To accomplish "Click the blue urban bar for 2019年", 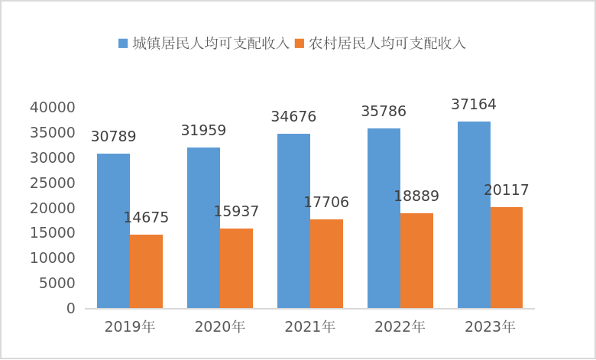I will point(113,231).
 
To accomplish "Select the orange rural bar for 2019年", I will point(146,271).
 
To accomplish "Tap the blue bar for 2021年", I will point(293,221).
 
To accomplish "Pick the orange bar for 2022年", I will point(416,261).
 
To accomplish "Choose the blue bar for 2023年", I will point(474,215).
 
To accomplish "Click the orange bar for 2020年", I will point(236,268).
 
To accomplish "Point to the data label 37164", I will point(474,105).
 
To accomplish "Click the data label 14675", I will point(146,218).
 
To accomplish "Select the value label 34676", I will point(293,117).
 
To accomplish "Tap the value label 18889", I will point(416,196).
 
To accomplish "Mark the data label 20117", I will point(507,190).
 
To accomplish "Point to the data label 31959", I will point(203,131).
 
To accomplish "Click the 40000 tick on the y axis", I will point(53,108).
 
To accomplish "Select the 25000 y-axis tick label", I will point(53,183).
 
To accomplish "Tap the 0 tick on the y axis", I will point(70,308).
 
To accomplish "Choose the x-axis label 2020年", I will point(220,327).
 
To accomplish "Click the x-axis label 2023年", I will point(490,327).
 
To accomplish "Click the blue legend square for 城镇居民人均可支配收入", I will point(123,44).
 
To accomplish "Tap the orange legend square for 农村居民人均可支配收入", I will point(300,44).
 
